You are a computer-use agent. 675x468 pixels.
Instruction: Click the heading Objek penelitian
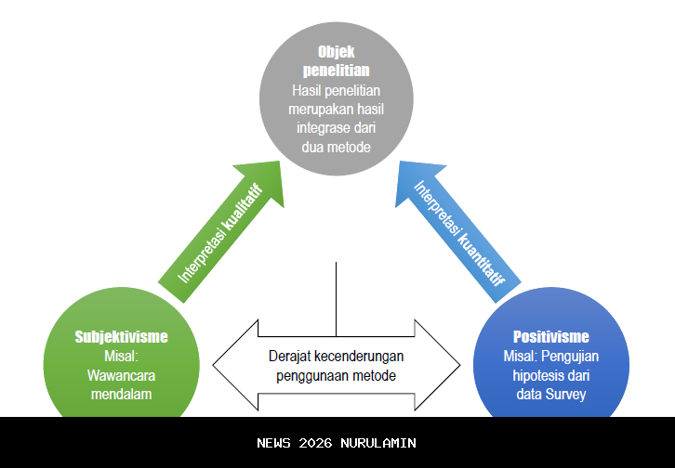coord(337,60)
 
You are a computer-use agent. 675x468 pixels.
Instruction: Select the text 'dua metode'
coord(337,147)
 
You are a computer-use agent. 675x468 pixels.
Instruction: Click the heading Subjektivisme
coord(122,336)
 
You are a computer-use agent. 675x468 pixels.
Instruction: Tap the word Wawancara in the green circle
coord(122,374)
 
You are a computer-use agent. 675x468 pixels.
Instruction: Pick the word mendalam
coord(122,394)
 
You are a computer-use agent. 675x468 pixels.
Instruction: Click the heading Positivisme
coord(551,336)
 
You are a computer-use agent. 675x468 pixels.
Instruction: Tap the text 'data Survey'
coord(551,394)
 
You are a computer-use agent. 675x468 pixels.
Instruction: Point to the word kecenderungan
coord(358,356)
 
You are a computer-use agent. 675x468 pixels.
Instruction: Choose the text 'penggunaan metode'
coord(337,375)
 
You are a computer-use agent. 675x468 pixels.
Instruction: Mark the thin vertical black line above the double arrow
coord(336,297)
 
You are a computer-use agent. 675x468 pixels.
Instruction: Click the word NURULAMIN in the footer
coord(378,443)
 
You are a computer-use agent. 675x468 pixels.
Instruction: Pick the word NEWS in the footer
coord(274,443)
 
